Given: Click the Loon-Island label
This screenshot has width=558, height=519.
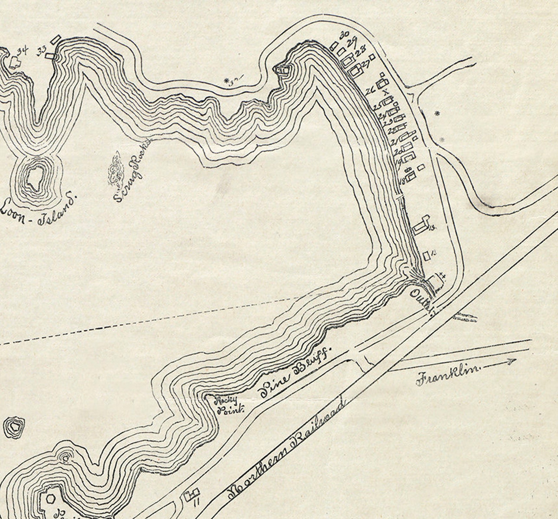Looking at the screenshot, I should pyautogui.click(x=39, y=208).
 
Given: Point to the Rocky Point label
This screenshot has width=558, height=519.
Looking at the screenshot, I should pyautogui.click(x=228, y=405).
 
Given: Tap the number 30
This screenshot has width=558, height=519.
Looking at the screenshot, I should pyautogui.click(x=344, y=35).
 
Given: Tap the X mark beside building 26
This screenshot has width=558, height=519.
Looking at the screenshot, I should pyautogui.click(x=386, y=92).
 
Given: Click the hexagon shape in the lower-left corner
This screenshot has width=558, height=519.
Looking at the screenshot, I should pyautogui.click(x=51, y=499).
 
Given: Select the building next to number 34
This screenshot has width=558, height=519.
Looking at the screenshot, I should pyautogui.click(x=14, y=62).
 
